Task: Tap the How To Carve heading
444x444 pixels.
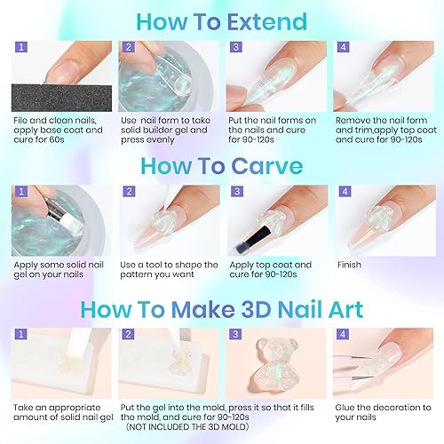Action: (222, 166)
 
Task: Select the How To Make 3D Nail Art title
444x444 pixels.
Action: (222, 310)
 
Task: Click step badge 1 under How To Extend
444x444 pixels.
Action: (20, 45)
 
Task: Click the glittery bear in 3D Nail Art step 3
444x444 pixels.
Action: (275, 366)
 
